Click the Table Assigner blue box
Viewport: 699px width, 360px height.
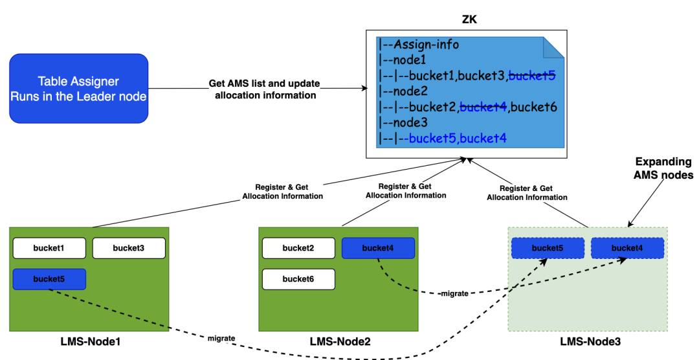point(78,89)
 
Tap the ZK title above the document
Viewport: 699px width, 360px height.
point(466,19)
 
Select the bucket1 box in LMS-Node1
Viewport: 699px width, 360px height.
point(49,248)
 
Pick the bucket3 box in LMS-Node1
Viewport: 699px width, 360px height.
point(129,248)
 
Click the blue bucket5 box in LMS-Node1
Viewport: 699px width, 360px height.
point(49,279)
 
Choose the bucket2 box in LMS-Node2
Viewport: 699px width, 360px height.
point(298,248)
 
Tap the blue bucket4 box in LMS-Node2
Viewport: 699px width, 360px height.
point(378,248)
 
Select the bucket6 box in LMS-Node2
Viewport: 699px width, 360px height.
point(298,279)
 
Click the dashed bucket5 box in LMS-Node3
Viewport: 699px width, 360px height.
point(548,248)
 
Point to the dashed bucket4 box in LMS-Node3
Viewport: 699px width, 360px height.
point(627,248)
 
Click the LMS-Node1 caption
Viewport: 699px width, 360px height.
point(88,341)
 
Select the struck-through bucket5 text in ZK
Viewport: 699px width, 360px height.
point(532,76)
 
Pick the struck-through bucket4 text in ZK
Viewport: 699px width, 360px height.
point(482,107)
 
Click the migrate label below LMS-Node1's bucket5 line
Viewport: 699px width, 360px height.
point(221,338)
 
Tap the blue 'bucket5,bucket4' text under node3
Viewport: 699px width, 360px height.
point(457,138)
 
